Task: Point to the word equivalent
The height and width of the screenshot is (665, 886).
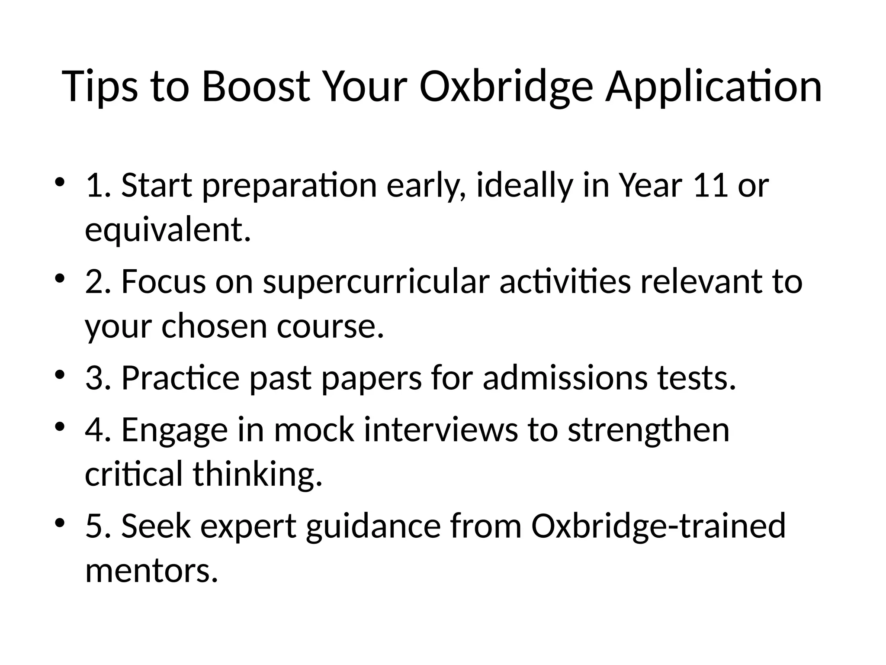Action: coord(168,231)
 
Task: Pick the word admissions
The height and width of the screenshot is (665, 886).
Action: coord(565,378)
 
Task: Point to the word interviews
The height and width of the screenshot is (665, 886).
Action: coord(441,429)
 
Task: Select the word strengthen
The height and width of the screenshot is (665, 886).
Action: coord(648,429)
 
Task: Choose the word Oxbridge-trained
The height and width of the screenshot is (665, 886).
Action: coord(658,526)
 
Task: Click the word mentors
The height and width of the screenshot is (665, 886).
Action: coord(151,571)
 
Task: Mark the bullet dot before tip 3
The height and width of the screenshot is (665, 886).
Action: coord(60,374)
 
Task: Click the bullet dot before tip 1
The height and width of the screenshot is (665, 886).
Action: coord(60,181)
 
